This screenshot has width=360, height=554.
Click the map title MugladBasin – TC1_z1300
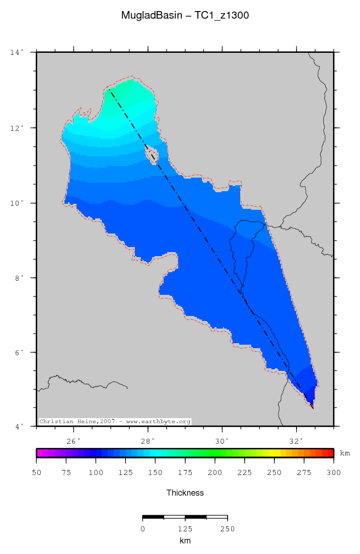click(x=185, y=16)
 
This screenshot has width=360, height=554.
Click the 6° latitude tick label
click(x=18, y=353)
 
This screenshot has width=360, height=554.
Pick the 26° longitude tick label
click(x=74, y=441)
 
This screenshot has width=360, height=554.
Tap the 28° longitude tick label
click(x=148, y=441)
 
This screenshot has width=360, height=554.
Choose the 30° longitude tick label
click(x=222, y=441)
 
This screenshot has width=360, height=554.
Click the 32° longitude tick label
click(x=297, y=441)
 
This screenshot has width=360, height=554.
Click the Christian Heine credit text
click(x=115, y=421)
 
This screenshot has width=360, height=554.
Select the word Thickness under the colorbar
click(x=185, y=493)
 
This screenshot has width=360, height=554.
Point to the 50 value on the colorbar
click(x=37, y=472)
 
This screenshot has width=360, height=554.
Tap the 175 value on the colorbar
click(x=185, y=472)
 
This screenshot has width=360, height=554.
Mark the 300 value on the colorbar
click(x=333, y=472)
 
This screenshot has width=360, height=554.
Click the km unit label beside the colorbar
click(x=345, y=453)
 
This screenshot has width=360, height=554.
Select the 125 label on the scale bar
click(x=185, y=529)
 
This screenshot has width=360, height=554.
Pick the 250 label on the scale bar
click(x=228, y=529)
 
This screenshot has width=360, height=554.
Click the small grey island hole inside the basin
click(x=152, y=155)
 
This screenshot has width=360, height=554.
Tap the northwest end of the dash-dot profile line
click(x=109, y=90)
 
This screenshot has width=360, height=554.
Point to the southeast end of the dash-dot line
click(x=313, y=408)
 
